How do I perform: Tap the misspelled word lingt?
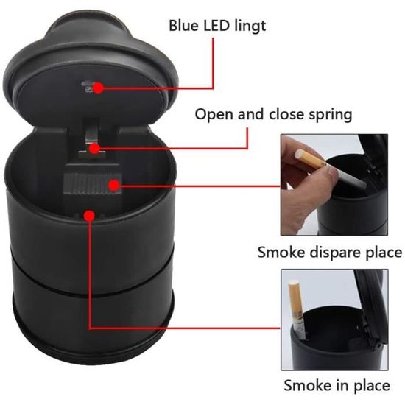coord(250,27)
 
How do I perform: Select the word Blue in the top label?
coord(184,25)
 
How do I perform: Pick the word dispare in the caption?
coord(336,253)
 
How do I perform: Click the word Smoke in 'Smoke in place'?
coord(308,385)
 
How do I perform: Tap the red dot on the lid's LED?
coord(98,88)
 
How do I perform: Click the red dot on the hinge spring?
coord(95,149)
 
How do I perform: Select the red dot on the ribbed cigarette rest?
coord(114,185)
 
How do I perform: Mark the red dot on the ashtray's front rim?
coord(89,216)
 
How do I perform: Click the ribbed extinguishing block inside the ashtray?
coord(92,184)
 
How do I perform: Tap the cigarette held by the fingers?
coord(330,169)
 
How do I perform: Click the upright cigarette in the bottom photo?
coord(297,310)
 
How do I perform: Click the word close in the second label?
coord(286,114)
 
